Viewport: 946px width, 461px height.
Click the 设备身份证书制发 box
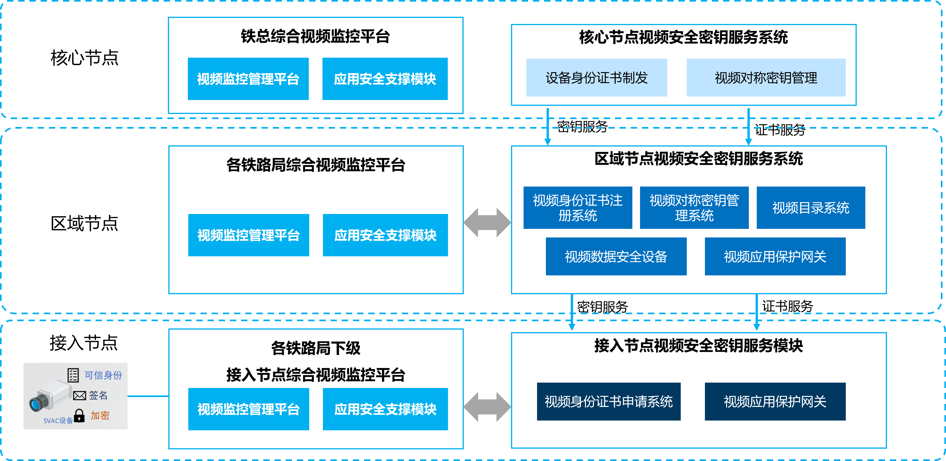[596, 77]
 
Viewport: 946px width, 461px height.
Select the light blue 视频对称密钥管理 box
[766, 77]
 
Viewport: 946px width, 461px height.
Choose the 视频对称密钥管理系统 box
[694, 207]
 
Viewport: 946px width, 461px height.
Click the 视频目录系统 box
[810, 207]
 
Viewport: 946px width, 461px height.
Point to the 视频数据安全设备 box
[616, 256]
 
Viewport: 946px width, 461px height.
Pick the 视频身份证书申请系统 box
[608, 401]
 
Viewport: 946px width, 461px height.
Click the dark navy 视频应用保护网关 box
[775, 401]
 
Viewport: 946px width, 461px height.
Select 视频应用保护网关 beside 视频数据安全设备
[775, 256]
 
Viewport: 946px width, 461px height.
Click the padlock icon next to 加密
[79, 416]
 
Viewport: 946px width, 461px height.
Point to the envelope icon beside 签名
[79, 396]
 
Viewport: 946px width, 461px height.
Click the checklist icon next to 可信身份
[73, 375]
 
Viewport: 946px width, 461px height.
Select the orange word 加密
[100, 415]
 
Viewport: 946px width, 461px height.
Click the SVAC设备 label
[58, 421]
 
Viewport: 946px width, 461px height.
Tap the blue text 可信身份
[103, 375]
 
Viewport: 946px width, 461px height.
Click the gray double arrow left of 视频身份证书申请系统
[487, 407]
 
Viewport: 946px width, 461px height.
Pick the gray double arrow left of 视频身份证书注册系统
[487, 223]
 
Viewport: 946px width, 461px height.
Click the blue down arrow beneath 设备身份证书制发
[548, 127]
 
